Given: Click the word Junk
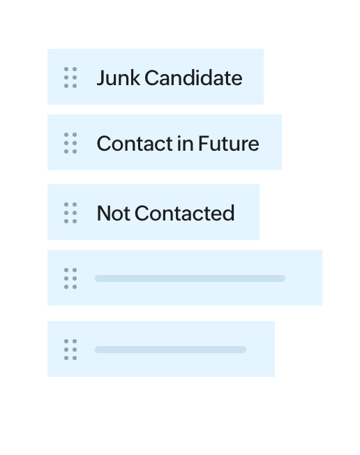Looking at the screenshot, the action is pos(118,77).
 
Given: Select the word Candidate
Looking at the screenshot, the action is pos(193,77).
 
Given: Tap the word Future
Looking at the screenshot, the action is pos(229,143).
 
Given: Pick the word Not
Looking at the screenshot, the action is pos(114,214).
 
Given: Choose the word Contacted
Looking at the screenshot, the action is pos(184,214).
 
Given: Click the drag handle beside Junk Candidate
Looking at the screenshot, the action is pos(70,77).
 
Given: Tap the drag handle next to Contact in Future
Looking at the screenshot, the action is pos(70,143).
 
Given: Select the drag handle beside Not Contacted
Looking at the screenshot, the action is pos(70,213).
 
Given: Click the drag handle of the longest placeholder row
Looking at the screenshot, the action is pos(70,278).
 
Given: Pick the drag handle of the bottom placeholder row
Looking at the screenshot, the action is pos(70,350).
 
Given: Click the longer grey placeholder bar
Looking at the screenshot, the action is pos(190,278).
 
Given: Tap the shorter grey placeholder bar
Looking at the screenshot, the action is pos(170,350).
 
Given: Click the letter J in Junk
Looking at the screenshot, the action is pos(101,78).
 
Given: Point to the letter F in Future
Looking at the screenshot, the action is pos(204,143).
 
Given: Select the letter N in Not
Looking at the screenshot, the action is pos(104,214).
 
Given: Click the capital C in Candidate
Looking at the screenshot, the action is pos(152,77).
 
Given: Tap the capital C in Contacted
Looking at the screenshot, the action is pos(142,214).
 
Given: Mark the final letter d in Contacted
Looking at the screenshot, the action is pos(229,214).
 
